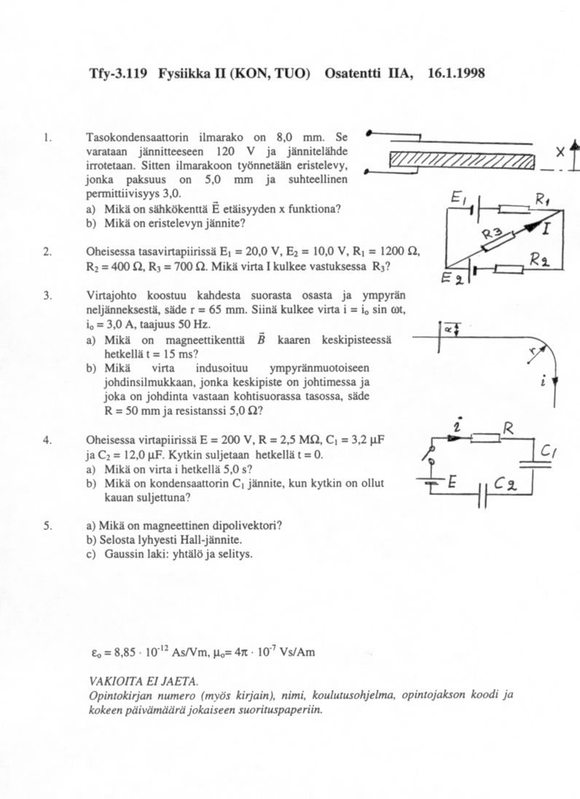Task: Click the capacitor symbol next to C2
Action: click(x=483, y=496)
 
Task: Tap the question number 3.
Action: click(x=46, y=295)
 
